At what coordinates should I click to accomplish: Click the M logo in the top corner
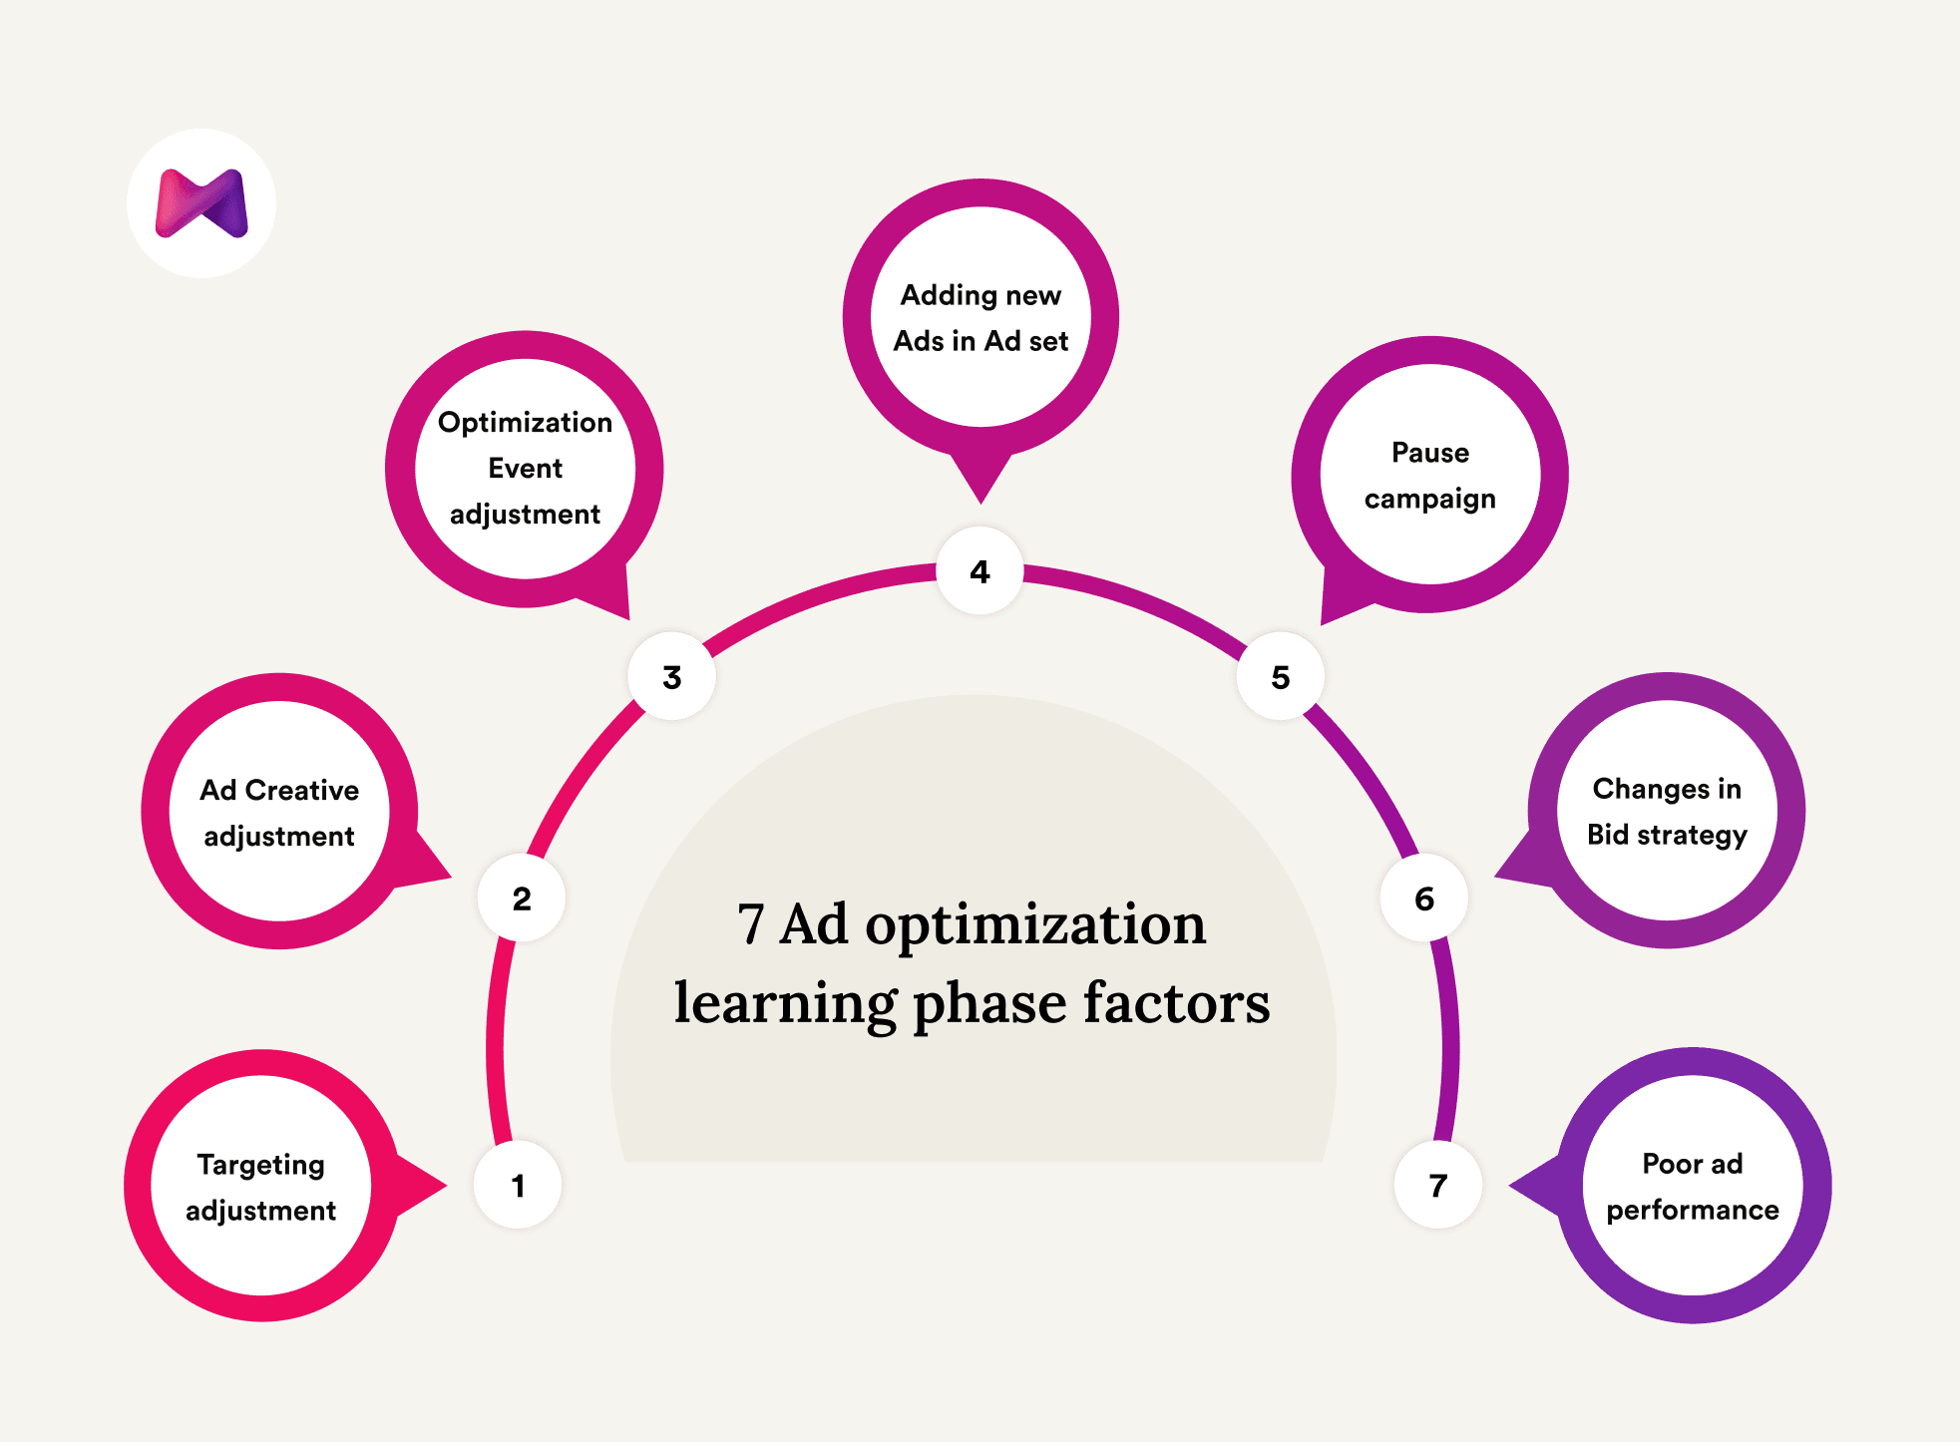[x=201, y=203]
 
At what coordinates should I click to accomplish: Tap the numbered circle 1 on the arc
[x=518, y=1185]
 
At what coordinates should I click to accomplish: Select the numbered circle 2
[x=522, y=898]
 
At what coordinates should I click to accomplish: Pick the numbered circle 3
[x=672, y=677]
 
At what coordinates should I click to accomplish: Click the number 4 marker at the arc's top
[x=980, y=571]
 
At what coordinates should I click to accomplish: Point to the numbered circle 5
[x=1281, y=677]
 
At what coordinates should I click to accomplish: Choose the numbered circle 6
[x=1424, y=898]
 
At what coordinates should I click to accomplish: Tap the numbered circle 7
[x=1437, y=1185]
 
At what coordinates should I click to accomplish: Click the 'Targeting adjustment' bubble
[x=261, y=1186]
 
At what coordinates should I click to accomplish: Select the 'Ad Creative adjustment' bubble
[x=279, y=812]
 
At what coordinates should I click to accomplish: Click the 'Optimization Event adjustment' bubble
[x=525, y=469]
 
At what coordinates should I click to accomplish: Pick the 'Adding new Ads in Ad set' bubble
[x=980, y=317]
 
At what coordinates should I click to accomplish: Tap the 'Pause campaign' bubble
[x=1429, y=475]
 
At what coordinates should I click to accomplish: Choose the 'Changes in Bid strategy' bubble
[x=1667, y=811]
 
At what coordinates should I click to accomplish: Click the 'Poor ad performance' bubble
[x=1693, y=1186]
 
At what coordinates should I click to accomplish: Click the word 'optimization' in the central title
[x=1035, y=924]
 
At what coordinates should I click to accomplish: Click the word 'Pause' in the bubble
[x=1430, y=453]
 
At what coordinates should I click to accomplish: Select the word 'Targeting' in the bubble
[x=261, y=1165]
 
